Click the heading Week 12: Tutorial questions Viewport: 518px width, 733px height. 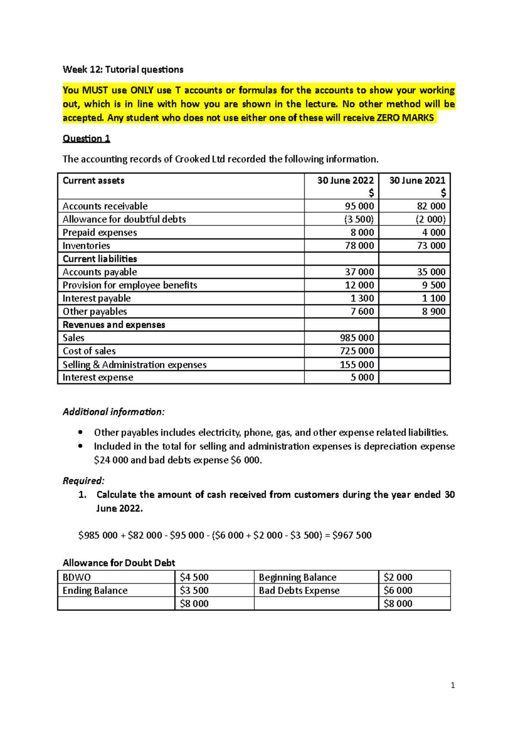click(123, 70)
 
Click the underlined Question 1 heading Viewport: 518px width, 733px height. click(86, 139)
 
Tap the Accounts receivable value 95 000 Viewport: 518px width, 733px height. click(359, 206)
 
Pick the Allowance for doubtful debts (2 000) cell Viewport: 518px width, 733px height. click(430, 219)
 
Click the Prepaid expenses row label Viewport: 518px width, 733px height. click(100, 233)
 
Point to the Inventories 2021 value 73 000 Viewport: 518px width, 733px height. click(431, 246)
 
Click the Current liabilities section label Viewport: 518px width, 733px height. click(100, 259)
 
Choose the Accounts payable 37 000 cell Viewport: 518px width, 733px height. click(359, 272)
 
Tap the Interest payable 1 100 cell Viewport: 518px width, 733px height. click(433, 298)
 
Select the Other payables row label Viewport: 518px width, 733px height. click(95, 312)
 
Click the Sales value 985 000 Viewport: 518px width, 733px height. click(357, 338)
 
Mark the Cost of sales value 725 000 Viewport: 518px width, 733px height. click(357, 351)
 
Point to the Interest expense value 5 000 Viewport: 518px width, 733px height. click(362, 377)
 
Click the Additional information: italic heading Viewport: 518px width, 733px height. click(114, 412)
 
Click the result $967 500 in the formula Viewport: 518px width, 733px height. click(352, 535)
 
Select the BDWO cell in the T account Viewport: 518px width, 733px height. click(77, 578)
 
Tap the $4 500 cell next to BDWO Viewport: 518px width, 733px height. click(194, 578)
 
